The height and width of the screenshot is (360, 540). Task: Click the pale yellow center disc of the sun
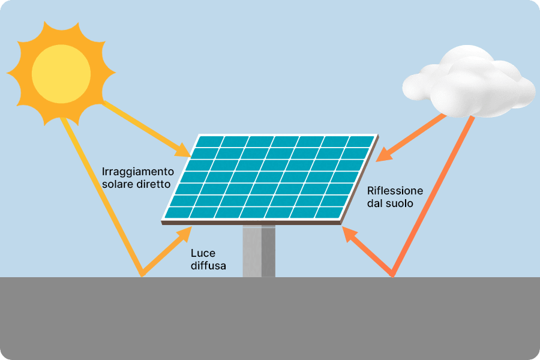click(61, 74)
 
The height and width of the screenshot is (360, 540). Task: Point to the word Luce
click(203, 253)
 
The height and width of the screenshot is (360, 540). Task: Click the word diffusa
click(208, 266)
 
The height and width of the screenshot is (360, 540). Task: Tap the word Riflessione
click(395, 191)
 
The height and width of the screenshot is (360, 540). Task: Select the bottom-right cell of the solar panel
click(328, 212)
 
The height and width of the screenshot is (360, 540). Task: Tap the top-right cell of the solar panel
click(361, 142)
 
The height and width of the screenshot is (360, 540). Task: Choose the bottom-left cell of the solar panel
click(177, 212)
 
